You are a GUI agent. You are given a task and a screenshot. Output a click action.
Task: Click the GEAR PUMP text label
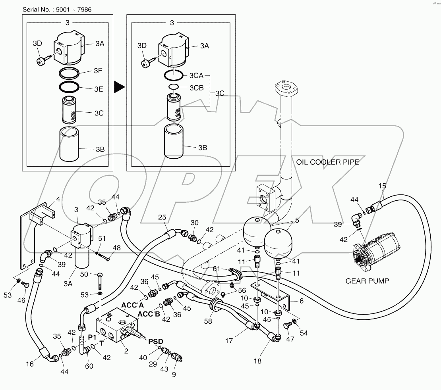367,281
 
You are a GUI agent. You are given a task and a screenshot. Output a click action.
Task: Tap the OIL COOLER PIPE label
328,162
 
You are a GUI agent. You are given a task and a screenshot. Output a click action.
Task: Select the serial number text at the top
57,9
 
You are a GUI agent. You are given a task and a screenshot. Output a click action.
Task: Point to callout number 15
382,186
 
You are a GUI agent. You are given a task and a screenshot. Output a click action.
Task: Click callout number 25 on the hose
162,217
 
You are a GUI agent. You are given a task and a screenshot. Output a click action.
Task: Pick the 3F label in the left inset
98,71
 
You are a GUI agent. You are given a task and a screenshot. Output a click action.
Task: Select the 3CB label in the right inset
196,88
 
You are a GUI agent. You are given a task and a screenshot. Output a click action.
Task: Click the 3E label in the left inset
98,89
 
